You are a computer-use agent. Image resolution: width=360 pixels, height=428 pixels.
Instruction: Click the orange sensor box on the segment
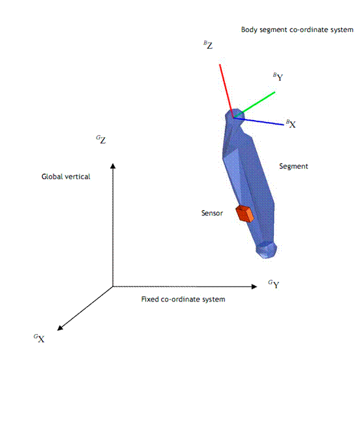tap(245, 214)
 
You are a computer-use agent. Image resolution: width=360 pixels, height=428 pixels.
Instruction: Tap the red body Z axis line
tap(226, 91)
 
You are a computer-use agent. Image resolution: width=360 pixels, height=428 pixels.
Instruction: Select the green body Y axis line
tap(254, 105)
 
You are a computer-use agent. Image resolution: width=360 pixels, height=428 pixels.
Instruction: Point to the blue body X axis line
tap(259, 121)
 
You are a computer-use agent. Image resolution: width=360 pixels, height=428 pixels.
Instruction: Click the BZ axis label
tap(208, 45)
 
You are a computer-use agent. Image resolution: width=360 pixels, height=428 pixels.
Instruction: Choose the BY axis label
tap(278, 77)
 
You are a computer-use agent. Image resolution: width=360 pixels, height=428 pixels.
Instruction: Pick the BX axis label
tap(291, 124)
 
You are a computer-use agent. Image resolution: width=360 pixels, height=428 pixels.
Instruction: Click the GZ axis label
tap(101, 140)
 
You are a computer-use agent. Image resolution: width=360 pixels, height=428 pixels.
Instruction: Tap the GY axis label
tap(273, 284)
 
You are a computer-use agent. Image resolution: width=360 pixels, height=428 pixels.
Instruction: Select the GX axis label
tap(39, 339)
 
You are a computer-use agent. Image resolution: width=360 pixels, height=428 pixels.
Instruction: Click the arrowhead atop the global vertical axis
tap(113, 166)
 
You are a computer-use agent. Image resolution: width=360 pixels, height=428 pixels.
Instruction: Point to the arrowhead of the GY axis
tap(254, 286)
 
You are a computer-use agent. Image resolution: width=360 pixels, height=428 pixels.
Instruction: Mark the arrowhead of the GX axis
tap(60, 328)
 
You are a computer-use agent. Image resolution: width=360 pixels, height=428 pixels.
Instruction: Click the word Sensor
tap(212, 213)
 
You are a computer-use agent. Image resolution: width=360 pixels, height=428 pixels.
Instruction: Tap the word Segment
tap(293, 166)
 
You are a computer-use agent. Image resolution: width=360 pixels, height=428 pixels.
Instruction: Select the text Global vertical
tap(66, 177)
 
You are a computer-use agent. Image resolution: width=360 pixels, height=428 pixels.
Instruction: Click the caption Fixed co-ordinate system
tap(183, 299)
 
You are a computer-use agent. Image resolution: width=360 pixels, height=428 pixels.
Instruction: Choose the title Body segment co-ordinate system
tap(297, 30)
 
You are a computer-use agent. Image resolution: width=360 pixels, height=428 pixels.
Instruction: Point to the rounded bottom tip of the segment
tap(267, 251)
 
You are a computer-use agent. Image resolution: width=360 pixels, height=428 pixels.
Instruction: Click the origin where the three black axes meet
tap(113, 286)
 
